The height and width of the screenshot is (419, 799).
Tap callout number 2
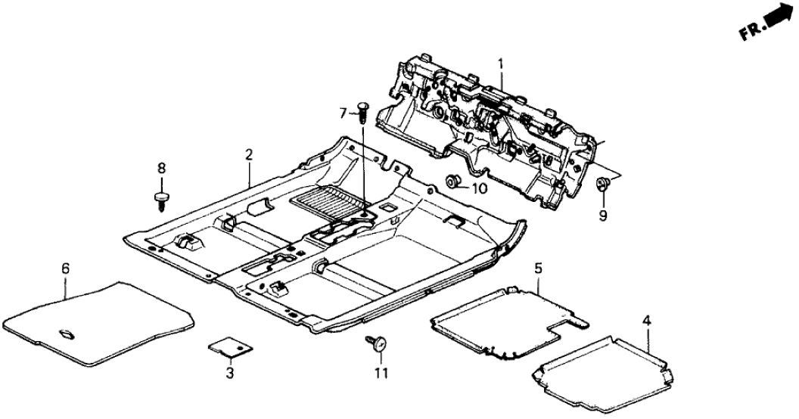pyautogui.click(x=248, y=155)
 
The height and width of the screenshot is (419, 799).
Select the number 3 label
pyautogui.click(x=229, y=373)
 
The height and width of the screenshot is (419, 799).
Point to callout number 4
pyautogui.click(x=645, y=321)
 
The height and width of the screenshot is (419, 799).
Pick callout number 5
pyautogui.click(x=539, y=268)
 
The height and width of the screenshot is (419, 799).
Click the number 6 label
pyautogui.click(x=65, y=268)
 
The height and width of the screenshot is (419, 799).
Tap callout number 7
pyautogui.click(x=343, y=113)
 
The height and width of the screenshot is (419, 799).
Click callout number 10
pyautogui.click(x=480, y=188)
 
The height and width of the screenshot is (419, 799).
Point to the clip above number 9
pyautogui.click(x=604, y=183)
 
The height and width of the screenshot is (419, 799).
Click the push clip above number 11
pyautogui.click(x=375, y=343)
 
